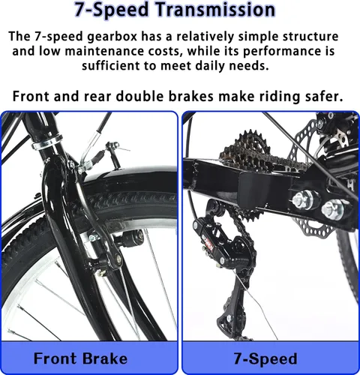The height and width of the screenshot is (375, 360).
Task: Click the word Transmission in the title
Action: pos(215,10)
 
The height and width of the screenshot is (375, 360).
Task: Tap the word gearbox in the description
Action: pos(112,36)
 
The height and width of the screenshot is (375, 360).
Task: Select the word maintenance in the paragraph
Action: pos(104,51)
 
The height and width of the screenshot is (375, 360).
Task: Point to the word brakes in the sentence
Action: pos(191,96)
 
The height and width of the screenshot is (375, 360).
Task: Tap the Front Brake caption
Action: pos(80,358)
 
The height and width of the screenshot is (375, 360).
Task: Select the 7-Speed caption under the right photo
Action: pos(265,358)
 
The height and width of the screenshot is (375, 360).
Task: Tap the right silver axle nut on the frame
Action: pos(333,209)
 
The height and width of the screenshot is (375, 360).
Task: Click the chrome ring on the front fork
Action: pos(46,142)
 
